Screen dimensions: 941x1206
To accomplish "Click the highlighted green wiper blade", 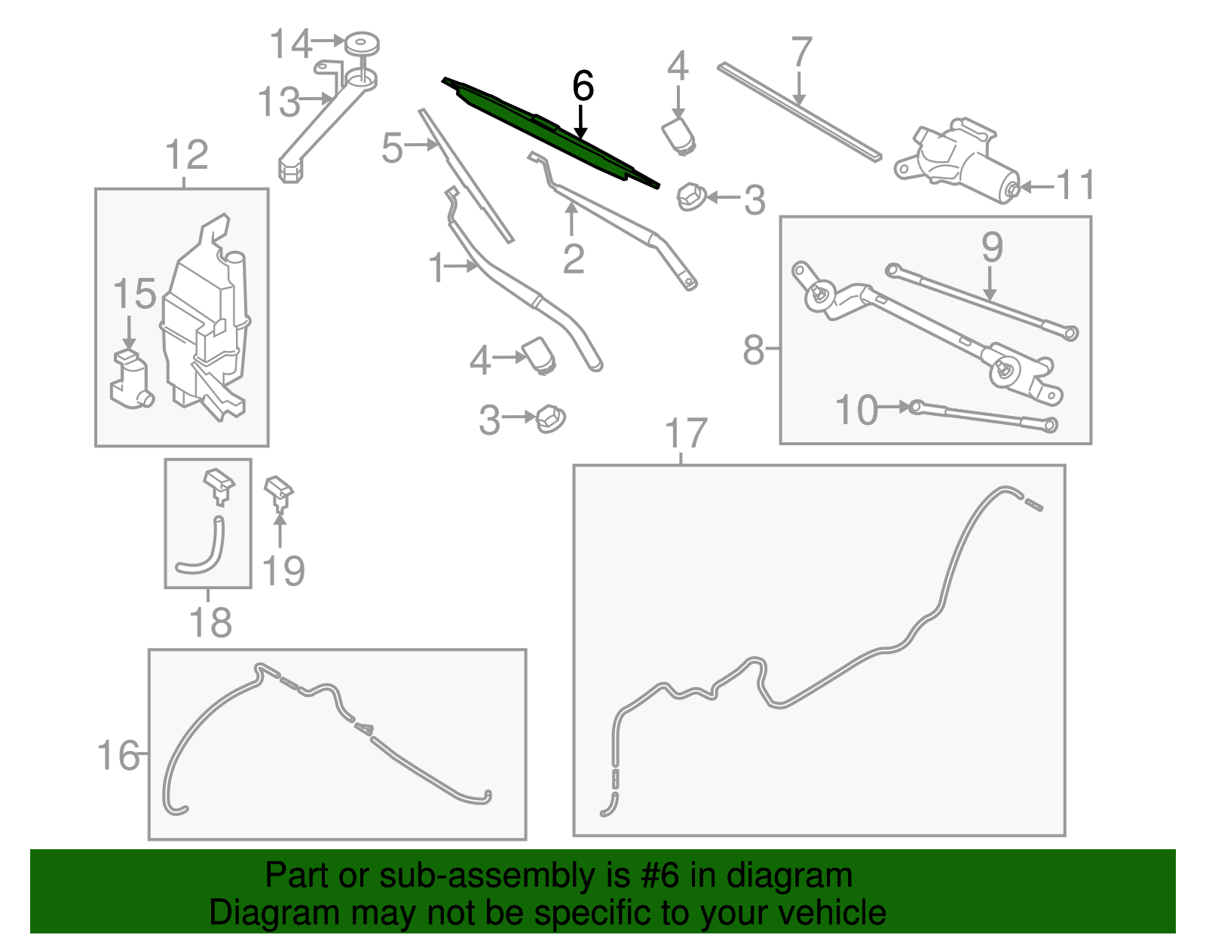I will [550, 133].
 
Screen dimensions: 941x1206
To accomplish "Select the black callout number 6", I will [583, 86].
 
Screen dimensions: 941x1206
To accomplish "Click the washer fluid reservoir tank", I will [205, 324].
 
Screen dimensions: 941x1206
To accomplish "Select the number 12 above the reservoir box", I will [186, 155].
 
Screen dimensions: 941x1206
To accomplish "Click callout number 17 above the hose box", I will [686, 434].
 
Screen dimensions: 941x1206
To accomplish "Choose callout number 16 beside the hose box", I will [119, 755].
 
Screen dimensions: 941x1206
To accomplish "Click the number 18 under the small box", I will [210, 622].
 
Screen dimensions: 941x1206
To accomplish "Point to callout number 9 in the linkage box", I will [992, 246].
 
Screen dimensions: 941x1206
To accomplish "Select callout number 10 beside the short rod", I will [857, 411].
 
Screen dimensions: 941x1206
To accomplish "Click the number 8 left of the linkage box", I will [753, 350].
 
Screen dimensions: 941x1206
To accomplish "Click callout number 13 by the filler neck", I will [278, 102].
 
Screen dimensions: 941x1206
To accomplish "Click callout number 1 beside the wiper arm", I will [436, 268].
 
